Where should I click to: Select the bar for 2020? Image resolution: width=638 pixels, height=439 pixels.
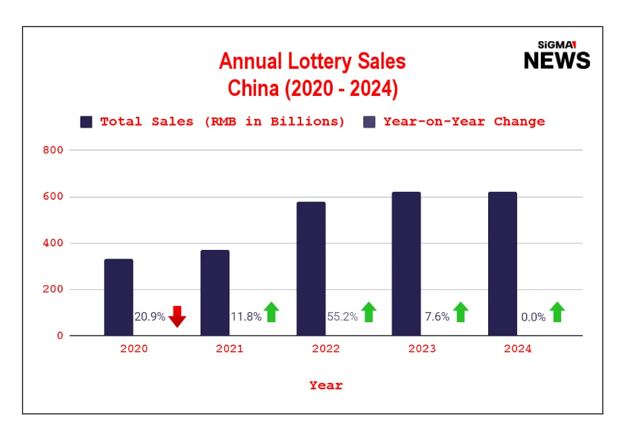pyautogui.click(x=119, y=297)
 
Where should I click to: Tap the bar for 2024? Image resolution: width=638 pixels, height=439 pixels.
pyautogui.click(x=502, y=263)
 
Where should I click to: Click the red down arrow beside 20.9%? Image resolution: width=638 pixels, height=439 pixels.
pyautogui.click(x=177, y=316)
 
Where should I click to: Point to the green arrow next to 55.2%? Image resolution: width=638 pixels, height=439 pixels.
pyautogui.click(x=369, y=312)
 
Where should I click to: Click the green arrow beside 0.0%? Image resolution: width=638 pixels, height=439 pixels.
pyautogui.click(x=557, y=312)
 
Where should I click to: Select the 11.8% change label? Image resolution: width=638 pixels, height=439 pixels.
pyautogui.click(x=246, y=317)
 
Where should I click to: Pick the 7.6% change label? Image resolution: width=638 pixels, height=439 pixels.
pyautogui.click(x=437, y=317)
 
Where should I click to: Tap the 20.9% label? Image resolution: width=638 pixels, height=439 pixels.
pyautogui.click(x=150, y=317)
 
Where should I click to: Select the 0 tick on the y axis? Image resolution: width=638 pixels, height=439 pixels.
pyautogui.click(x=59, y=336)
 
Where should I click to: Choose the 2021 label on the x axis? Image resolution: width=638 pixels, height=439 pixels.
pyautogui.click(x=230, y=349)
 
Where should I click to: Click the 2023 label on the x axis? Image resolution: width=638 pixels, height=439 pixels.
pyautogui.click(x=422, y=349)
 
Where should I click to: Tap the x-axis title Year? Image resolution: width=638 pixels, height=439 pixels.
pyautogui.click(x=326, y=386)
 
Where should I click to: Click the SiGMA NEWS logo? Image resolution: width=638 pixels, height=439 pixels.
pyautogui.click(x=556, y=55)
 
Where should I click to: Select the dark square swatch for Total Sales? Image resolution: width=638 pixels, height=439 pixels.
pyautogui.click(x=86, y=122)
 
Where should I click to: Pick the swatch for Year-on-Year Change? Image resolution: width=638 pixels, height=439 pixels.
pyautogui.click(x=369, y=122)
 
